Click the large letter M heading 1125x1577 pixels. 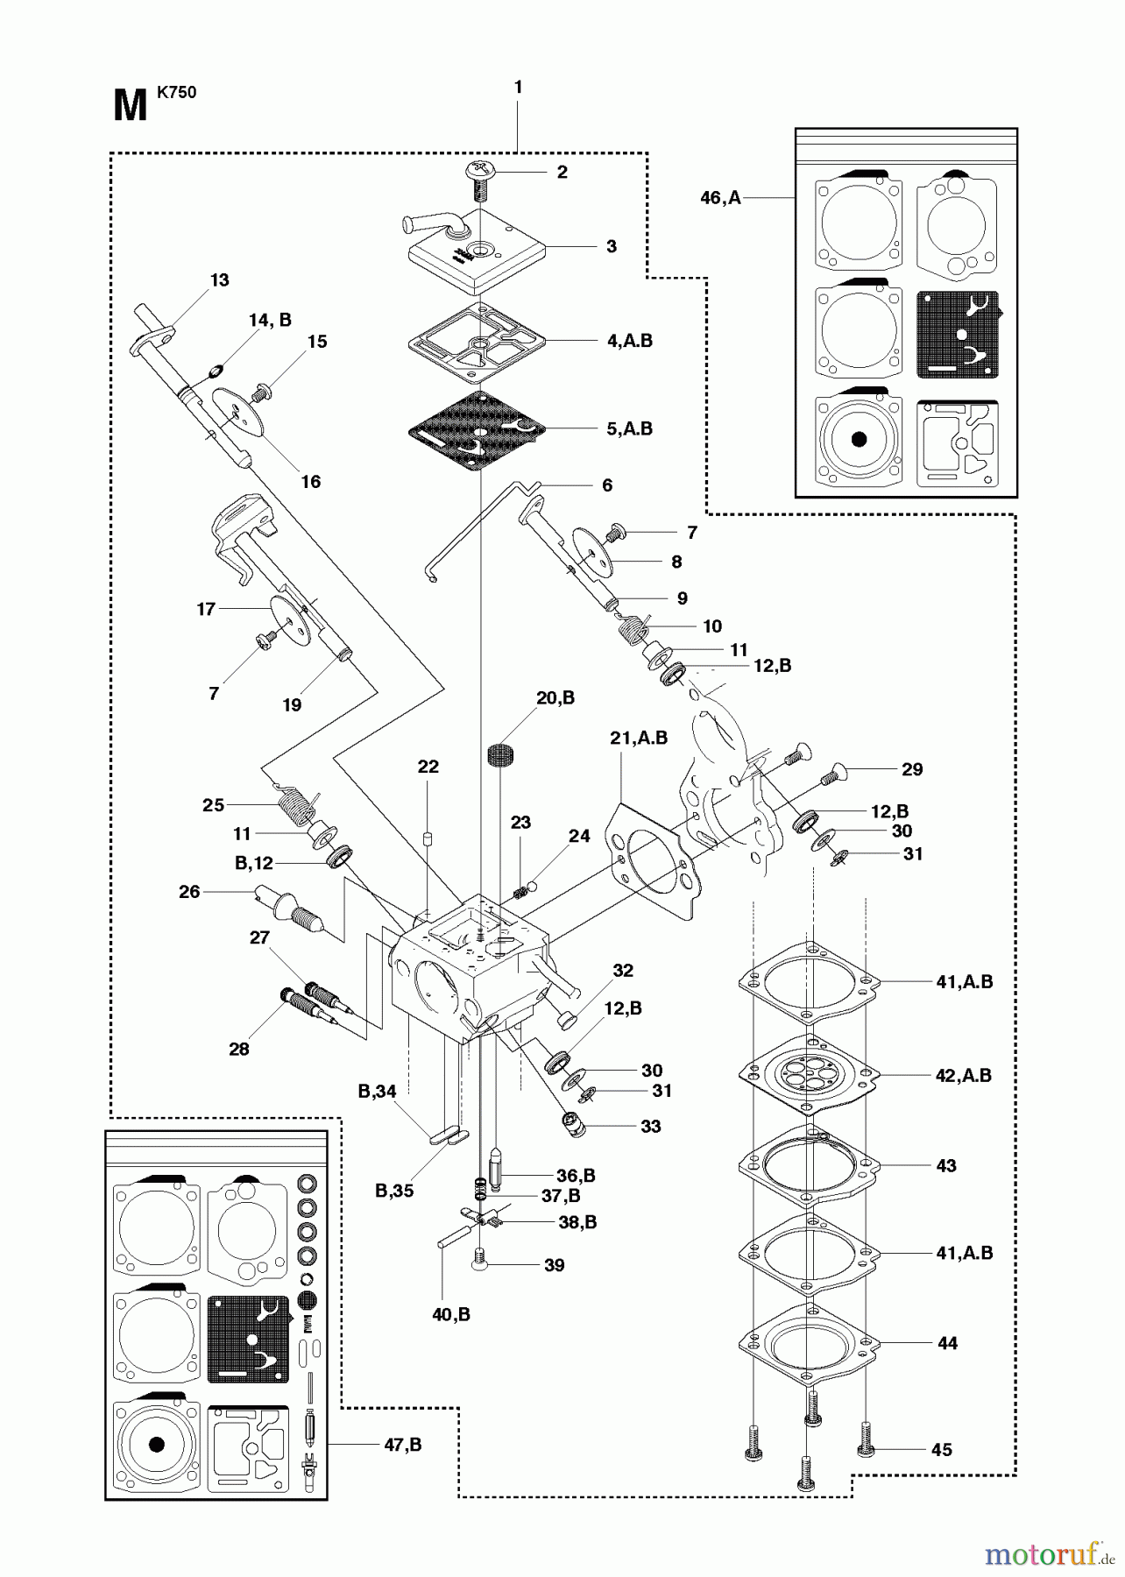click(131, 107)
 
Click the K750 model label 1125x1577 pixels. click(176, 91)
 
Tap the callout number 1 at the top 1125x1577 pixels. click(518, 87)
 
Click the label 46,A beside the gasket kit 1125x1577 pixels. click(720, 198)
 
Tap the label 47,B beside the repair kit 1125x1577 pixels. click(402, 1445)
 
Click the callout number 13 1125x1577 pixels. click(219, 279)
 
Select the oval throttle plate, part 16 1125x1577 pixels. click(238, 414)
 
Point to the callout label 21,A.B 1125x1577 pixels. click(639, 739)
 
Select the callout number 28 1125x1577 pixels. click(238, 1049)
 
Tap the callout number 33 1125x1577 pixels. click(650, 1126)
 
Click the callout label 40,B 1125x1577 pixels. click(451, 1314)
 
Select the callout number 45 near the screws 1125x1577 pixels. click(941, 1449)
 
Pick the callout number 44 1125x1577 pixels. click(947, 1342)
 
